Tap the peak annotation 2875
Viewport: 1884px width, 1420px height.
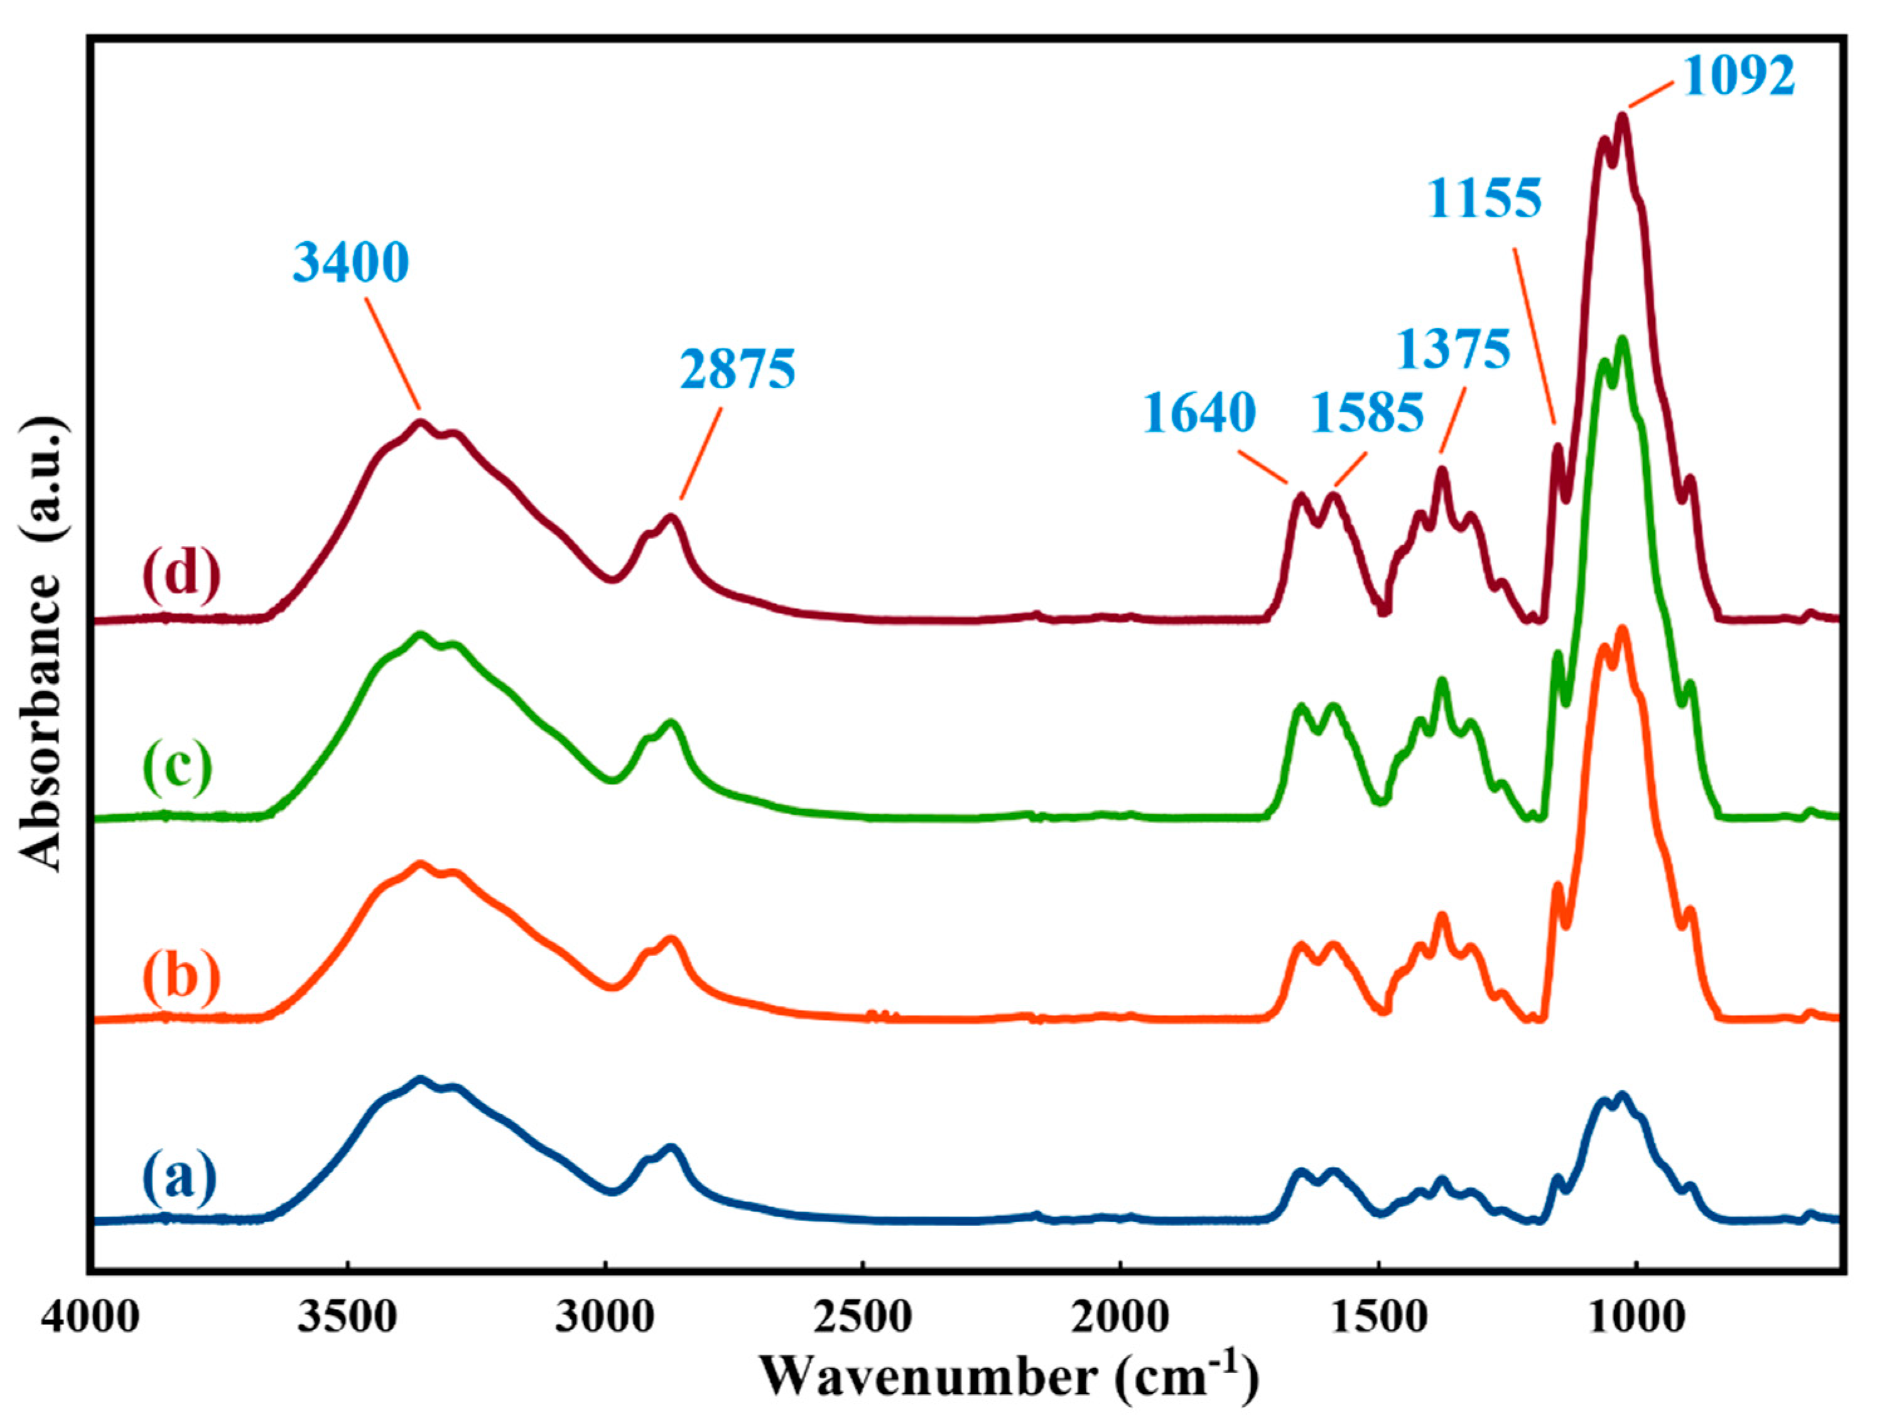point(738,371)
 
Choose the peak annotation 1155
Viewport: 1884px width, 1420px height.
point(1485,199)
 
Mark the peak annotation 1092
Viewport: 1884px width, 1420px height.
point(1738,77)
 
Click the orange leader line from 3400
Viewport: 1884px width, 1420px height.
point(392,354)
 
